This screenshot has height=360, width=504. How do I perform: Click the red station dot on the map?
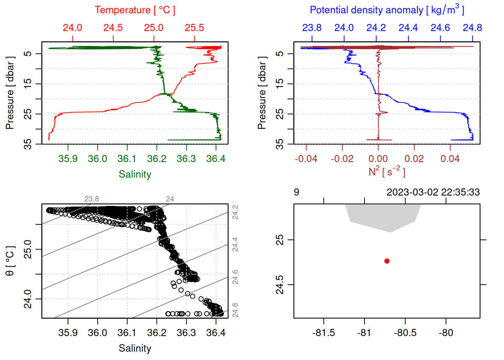point(387,261)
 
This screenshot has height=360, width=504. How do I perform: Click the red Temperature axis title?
point(135,10)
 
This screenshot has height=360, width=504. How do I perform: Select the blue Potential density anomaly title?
point(387,10)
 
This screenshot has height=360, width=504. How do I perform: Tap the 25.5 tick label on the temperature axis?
point(194,28)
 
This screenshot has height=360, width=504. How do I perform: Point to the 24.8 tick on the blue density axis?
point(472,28)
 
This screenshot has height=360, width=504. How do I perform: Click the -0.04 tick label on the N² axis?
point(306,159)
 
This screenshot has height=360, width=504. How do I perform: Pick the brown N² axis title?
point(387,171)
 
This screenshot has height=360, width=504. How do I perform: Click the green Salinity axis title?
point(135,174)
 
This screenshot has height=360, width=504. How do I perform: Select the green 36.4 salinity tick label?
point(216,159)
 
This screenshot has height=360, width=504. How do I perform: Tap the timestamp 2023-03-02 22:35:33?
point(433,192)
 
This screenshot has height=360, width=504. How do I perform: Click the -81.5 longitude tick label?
point(324,333)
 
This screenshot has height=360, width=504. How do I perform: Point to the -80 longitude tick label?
point(446,333)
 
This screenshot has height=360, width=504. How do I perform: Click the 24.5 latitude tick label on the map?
point(280,285)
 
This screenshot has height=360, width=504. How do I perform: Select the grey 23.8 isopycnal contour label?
point(91,199)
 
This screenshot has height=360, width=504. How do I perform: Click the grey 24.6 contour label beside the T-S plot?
point(235,277)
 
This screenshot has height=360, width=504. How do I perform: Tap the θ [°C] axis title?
point(10,261)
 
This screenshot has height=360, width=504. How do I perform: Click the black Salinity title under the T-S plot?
point(135,348)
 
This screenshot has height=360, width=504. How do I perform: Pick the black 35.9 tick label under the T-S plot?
point(68,333)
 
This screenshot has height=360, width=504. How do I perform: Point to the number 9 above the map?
point(296,192)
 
